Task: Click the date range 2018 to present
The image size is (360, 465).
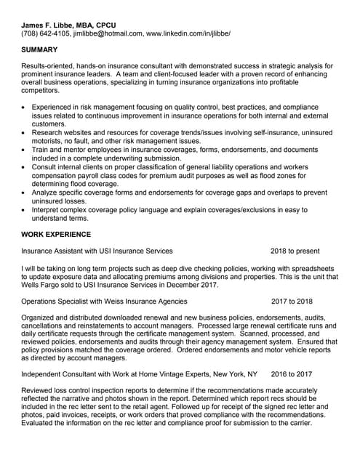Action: [x=295, y=251]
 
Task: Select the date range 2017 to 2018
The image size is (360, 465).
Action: [x=292, y=302]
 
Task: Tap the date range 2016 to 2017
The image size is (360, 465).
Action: [x=291, y=374]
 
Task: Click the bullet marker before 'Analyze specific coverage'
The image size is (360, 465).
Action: [x=25, y=193]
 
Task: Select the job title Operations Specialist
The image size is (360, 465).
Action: [x=55, y=302]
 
